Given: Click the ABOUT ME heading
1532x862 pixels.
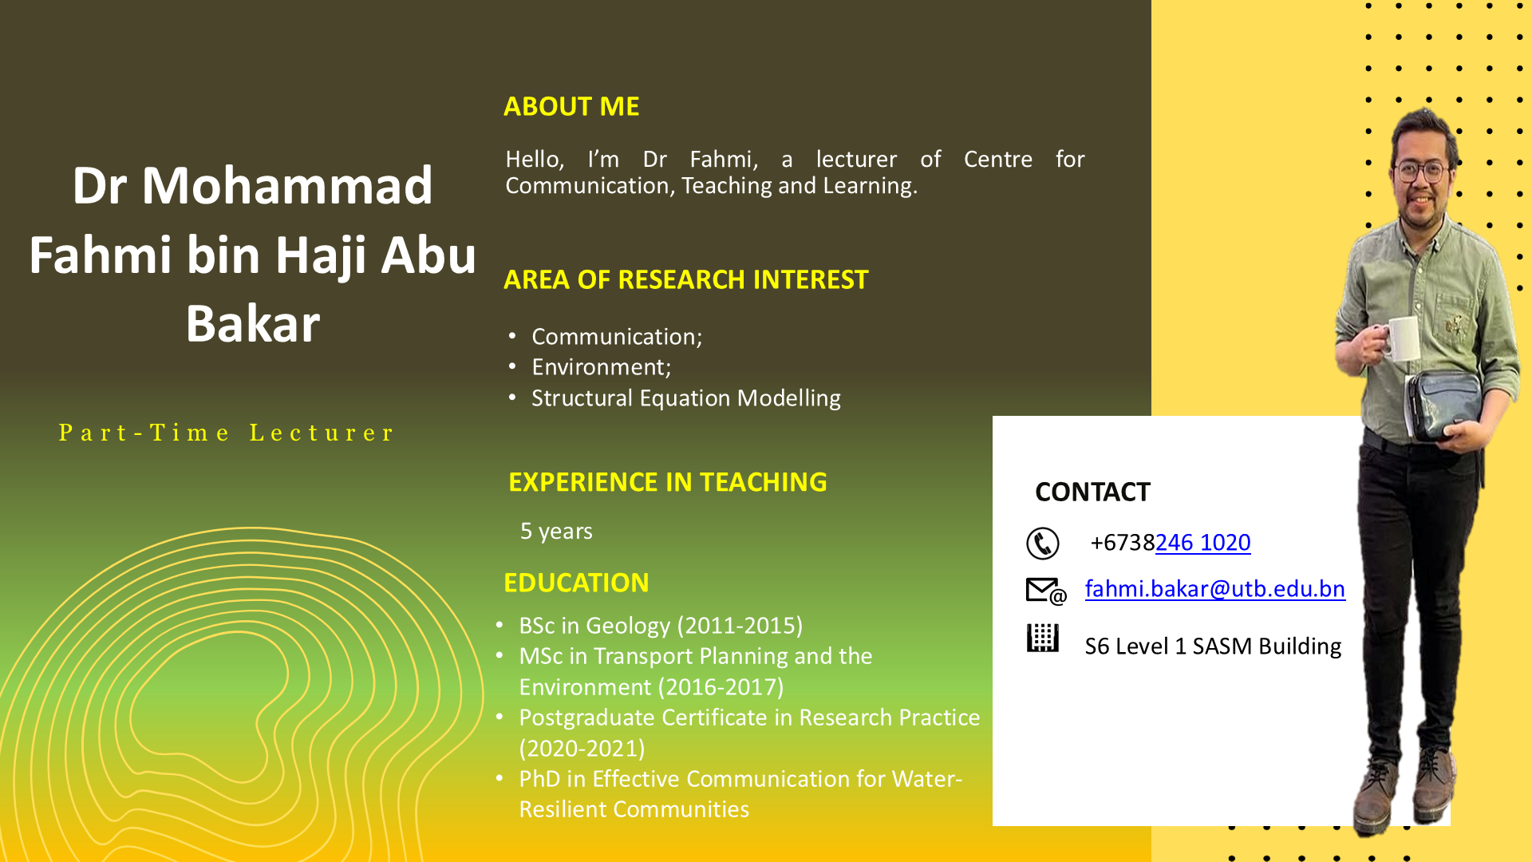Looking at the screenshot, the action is click(x=571, y=106).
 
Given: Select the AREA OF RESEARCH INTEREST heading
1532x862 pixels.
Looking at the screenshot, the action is click(x=685, y=279).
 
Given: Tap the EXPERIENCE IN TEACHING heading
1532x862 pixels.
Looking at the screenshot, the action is click(x=668, y=482).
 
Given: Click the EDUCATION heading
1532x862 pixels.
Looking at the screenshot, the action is click(x=576, y=583).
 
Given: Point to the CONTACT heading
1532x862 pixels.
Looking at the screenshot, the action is click(x=1092, y=492).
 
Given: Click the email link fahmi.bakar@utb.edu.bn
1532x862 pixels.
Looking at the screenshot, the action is click(x=1215, y=589).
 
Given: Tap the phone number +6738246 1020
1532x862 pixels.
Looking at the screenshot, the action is click(x=1171, y=543).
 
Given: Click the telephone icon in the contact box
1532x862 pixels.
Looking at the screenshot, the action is click(x=1043, y=544).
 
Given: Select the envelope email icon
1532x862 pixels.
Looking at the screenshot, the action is click(x=1046, y=591).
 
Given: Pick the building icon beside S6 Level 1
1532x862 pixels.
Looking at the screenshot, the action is click(x=1042, y=639).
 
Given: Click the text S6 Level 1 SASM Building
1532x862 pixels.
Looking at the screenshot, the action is click(x=1213, y=646).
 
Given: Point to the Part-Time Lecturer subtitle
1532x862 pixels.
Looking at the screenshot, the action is click(x=227, y=433).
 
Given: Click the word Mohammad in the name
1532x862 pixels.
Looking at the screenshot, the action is click(x=287, y=185).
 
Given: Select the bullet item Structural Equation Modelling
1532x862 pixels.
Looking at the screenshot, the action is click(x=686, y=398).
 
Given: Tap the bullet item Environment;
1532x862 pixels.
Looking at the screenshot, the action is click(x=602, y=367).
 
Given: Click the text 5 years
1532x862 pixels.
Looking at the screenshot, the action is click(x=556, y=532).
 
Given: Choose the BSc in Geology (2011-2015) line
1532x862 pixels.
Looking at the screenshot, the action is click(x=661, y=626).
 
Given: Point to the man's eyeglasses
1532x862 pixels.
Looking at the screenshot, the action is click(x=1421, y=171).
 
